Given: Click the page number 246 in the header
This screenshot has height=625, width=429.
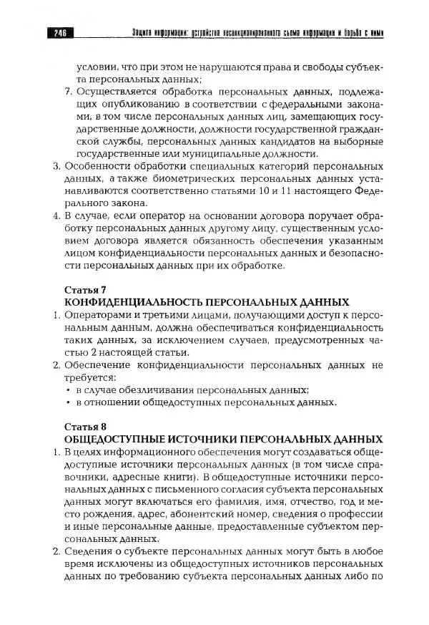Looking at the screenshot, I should (x=59, y=31).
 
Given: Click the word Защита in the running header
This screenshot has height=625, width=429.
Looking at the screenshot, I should (x=146, y=31).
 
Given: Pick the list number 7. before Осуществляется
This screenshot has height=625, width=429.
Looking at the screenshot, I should (x=68, y=92).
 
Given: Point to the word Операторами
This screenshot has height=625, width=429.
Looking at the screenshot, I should (x=94, y=315).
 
